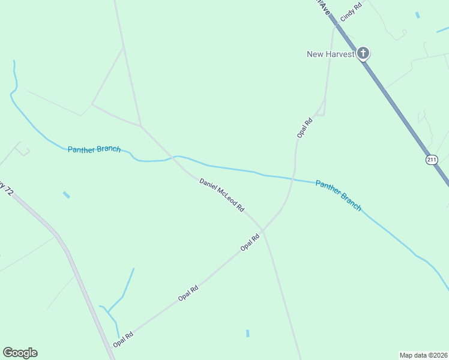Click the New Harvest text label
pos(331,54)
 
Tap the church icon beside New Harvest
pos(363,53)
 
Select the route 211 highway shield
pos(432,160)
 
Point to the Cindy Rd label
pos(351,13)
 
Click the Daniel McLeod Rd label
pos(222,194)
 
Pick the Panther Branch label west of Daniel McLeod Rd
pos(94,149)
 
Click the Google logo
pos(20,352)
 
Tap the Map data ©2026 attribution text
pos(423,355)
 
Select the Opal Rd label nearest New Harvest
pos(305,128)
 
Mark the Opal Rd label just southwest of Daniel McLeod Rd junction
pos(250,242)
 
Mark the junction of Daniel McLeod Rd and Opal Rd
pos(263,229)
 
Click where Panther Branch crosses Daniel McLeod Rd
pos(176,158)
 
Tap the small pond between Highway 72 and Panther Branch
pos(66,194)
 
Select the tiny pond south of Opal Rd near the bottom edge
pos(247,333)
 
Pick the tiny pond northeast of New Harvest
pos(417,15)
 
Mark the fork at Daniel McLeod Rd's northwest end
pos(141,126)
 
